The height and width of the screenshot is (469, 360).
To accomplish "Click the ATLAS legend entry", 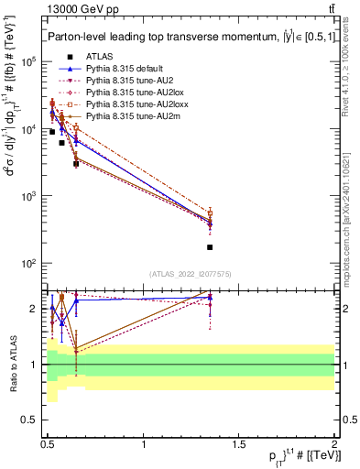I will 99,57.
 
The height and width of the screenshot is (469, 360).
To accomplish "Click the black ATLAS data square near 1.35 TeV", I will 210,247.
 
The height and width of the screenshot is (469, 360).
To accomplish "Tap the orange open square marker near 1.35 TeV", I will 210,213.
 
